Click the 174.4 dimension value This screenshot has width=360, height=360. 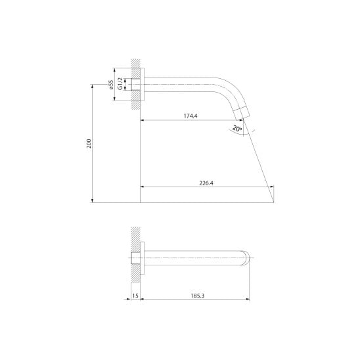click(191, 116)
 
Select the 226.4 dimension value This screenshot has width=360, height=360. click(206, 183)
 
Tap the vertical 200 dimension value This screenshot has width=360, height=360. click(89, 143)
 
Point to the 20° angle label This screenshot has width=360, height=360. click(237, 128)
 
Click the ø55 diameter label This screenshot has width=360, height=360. click(111, 85)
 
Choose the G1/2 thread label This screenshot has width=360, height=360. click(120, 84)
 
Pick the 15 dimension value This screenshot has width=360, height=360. click(135, 296)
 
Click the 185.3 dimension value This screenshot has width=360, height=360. click(198, 296)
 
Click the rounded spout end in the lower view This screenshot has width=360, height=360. click(246, 258)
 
